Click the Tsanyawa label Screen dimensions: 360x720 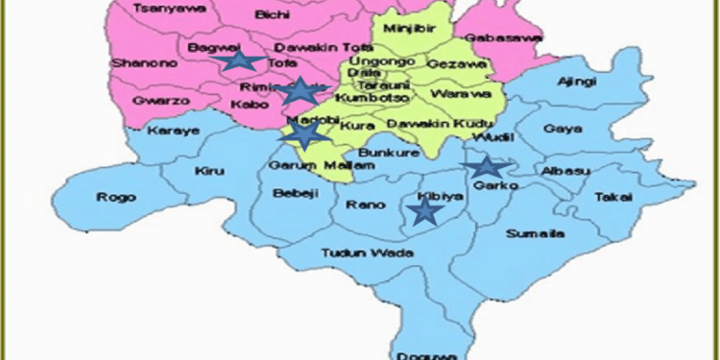point(157,8)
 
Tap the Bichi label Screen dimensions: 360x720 point(275,16)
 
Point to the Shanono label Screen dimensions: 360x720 point(137,63)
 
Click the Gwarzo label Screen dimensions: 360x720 point(154,99)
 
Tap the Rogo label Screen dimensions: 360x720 point(111,198)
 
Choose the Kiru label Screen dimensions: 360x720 point(208,171)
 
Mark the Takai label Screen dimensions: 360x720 point(613,196)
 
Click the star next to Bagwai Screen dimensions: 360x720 point(234,61)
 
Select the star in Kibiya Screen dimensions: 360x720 point(423,211)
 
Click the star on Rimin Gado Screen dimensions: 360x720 point(301,91)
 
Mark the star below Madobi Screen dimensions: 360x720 point(303,135)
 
